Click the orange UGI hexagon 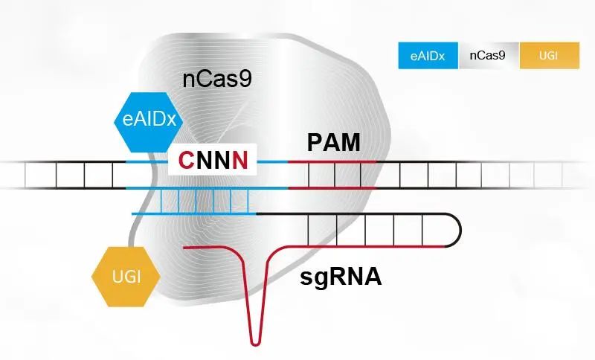coord(126,277)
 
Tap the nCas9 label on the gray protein coord(217,79)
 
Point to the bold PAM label coord(334,141)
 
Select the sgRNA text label coord(341,277)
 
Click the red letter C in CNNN coord(187,160)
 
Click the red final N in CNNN coord(240,160)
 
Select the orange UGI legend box coord(549,55)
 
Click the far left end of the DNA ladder coord(4,174)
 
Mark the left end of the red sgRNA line coord(185,247)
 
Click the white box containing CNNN coord(213,160)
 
